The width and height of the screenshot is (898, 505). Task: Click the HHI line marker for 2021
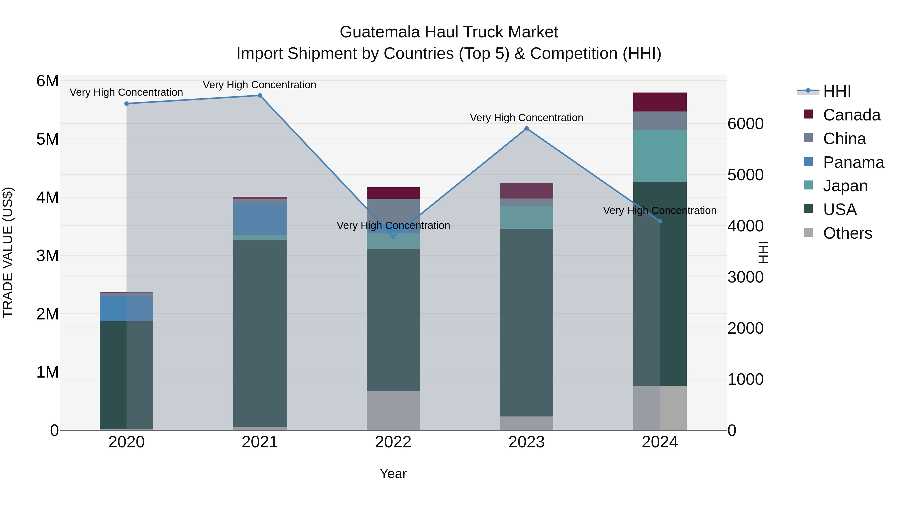pos(260,96)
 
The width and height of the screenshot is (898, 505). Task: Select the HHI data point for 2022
pos(393,236)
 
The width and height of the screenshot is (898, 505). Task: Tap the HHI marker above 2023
pos(526,129)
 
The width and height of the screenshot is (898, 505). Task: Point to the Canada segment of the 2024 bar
pos(660,102)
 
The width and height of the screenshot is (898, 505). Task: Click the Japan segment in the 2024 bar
pos(660,156)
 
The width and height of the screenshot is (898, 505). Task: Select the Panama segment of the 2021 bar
pos(260,219)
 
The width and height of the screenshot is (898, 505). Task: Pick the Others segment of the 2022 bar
pos(393,410)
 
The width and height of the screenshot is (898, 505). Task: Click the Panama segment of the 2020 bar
pos(126,309)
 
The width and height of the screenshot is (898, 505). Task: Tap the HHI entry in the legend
pos(837,91)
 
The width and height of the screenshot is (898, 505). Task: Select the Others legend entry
pos(847,233)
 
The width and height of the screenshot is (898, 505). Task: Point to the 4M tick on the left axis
pos(47,198)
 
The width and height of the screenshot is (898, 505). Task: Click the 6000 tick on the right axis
pos(745,124)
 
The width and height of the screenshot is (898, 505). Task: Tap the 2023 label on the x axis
pos(526,442)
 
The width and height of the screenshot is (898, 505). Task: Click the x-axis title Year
pos(393,474)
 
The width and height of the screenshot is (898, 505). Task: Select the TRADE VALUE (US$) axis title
pos(8,252)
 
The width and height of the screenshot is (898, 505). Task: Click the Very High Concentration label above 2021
pos(259,85)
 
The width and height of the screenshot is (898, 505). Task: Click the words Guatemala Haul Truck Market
pos(449,32)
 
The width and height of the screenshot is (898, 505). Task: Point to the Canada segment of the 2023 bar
pos(526,191)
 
